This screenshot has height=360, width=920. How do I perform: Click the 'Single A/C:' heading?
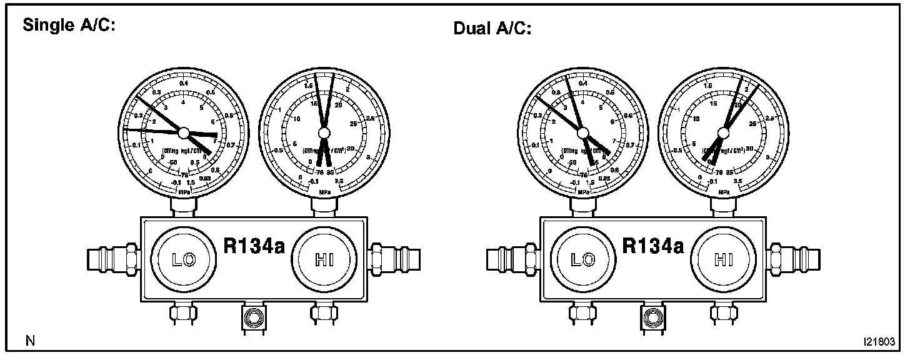click(x=68, y=26)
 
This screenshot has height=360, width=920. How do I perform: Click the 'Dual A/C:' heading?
click(x=492, y=29)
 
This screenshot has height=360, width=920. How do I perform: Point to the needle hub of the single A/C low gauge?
click(x=184, y=132)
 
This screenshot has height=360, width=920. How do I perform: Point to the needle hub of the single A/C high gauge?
click(x=323, y=132)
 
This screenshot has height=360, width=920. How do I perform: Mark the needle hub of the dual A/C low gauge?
click(x=583, y=132)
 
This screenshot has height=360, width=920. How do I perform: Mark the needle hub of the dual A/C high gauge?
click(x=724, y=132)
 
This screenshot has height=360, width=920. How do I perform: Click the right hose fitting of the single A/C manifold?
click(x=394, y=257)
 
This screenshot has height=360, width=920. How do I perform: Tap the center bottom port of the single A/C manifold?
click(x=252, y=317)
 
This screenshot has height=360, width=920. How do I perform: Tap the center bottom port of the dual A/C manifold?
click(x=652, y=317)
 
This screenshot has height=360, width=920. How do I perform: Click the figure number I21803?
click(x=879, y=342)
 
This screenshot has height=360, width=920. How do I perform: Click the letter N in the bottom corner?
click(x=30, y=341)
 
